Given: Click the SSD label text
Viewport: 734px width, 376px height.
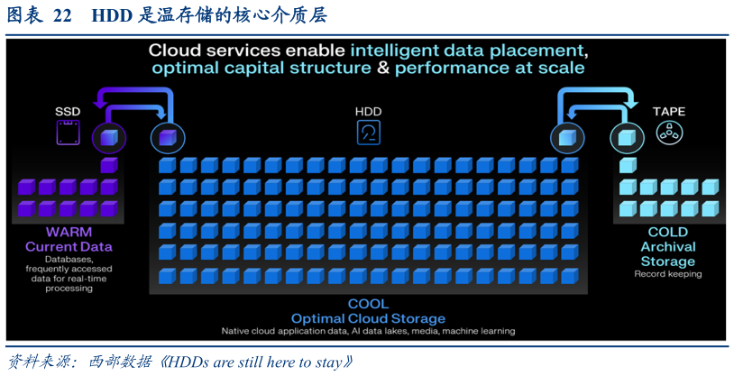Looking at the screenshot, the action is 68,112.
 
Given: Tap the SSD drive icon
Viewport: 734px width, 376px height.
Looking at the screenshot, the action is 68,133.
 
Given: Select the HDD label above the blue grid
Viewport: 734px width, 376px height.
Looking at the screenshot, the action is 369,112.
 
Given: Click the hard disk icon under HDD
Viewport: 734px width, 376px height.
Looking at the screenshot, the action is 369,133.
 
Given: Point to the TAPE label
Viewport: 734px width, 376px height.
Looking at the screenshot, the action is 669,112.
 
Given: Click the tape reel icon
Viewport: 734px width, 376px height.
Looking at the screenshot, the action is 669,133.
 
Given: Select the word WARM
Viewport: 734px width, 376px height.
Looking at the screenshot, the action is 69,232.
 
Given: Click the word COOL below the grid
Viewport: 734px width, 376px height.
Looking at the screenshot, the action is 369,304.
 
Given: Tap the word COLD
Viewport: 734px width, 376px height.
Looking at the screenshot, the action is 668,232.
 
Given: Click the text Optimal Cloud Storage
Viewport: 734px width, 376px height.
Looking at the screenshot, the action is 369,319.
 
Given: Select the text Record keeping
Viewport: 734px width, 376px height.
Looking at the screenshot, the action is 668,274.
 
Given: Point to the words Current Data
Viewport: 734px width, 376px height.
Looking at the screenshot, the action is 69,247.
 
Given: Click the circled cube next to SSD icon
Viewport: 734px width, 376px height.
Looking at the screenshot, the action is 108,138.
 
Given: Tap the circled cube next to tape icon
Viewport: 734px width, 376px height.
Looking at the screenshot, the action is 627,138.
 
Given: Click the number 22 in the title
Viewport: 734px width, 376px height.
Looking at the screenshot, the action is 62,16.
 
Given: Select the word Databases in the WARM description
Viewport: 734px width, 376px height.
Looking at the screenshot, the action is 69,259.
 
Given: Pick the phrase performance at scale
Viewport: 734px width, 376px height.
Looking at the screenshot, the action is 490,69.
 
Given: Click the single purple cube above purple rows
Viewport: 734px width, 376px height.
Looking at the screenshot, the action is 109,165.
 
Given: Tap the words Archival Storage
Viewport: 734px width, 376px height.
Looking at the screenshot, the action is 668,253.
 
